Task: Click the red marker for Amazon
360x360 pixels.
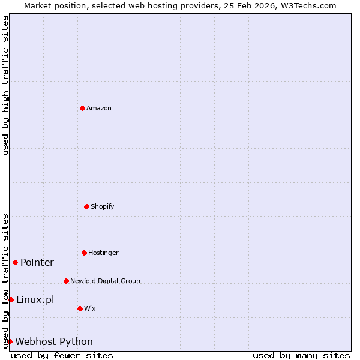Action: pos(82,108)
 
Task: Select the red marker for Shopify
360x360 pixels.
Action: pos(86,206)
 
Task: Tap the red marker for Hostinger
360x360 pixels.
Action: pos(84,253)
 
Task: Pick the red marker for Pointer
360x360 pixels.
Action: pos(15,262)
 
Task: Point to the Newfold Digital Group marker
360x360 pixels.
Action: pos(66,281)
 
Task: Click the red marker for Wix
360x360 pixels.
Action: pos(80,308)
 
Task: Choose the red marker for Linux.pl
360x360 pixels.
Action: pos(11,299)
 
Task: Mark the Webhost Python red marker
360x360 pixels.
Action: pos(10,341)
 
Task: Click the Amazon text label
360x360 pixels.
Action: pos(99,108)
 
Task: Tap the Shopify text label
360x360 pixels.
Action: pos(103,206)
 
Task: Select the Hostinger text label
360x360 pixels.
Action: pos(103,253)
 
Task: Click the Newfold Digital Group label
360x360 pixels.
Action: pos(105,281)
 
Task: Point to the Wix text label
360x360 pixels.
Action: pos(90,308)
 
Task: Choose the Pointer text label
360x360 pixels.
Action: pos(37,262)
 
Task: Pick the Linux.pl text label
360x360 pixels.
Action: pos(35,299)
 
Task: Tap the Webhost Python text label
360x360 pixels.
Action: pos(54,341)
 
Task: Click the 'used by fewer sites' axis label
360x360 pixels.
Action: pos(62,355)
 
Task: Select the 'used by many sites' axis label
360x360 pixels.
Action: pos(301,355)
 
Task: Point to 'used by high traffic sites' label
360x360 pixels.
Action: pos(5,85)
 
